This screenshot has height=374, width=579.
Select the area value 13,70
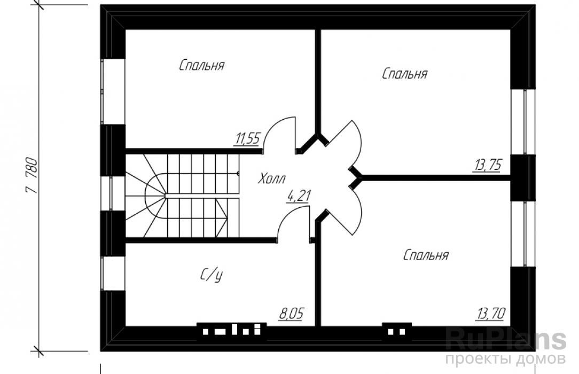tap(491, 314)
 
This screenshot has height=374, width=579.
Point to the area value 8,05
tap(291, 314)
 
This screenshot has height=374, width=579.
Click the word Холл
tap(271, 178)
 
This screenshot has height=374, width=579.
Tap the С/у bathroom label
tap(212, 275)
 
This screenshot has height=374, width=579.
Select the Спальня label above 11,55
tap(201, 65)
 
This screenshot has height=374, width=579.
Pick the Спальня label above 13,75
tap(405, 74)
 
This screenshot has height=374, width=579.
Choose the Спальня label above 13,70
tap(426, 255)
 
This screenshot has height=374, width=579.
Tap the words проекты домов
tap(505, 359)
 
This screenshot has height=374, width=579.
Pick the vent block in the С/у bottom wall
tap(231, 331)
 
